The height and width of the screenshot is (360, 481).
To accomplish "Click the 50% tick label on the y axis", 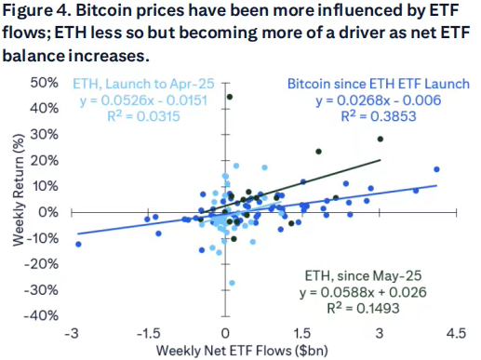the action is point(44,83).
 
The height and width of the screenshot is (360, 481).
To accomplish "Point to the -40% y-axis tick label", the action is point(41,316).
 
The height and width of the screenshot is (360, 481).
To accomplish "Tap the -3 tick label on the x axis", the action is point(71,333).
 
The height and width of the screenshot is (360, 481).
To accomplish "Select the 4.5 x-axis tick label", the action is point(456,333).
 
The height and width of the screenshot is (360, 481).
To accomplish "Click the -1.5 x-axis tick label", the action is point(149,333).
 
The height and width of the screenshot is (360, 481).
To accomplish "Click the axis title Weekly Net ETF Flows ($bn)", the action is point(242,351).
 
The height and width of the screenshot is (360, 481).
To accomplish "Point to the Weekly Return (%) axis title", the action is point(18,190).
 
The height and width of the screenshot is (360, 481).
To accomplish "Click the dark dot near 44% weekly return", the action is point(230,97).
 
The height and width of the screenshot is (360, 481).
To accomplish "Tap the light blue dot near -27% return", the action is point(232,283).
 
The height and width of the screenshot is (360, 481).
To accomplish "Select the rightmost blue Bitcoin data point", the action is point(436,169).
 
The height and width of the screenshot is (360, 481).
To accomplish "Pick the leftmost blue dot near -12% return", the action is point(78,245).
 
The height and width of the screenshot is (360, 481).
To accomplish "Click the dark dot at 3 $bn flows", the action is point(381,140).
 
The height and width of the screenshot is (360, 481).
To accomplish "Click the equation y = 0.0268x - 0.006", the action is point(379,100).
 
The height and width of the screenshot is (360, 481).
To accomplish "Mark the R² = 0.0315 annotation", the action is point(143,116).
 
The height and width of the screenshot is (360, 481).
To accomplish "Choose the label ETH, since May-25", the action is point(363,275).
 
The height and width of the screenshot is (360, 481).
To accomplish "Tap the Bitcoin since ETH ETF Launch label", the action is point(379,84).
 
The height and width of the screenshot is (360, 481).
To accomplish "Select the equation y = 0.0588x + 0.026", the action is point(363,292).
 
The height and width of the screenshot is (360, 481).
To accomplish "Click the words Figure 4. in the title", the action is point(36,10).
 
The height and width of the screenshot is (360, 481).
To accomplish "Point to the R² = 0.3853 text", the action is point(379,116).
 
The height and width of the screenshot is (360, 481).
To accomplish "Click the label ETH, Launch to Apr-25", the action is point(143,84).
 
